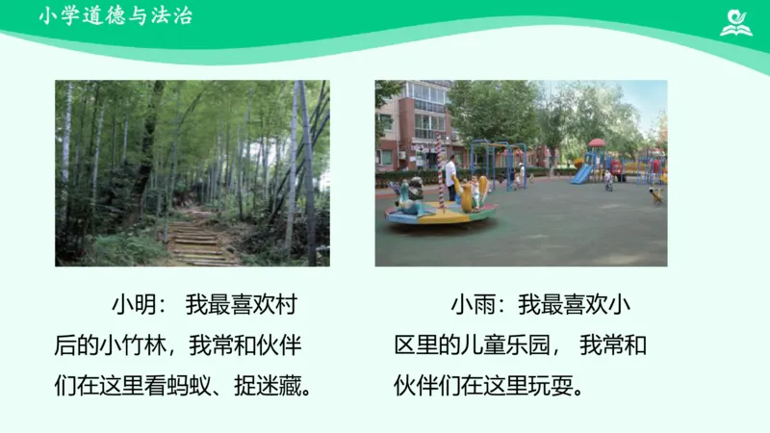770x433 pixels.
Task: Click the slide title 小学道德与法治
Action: pyautogui.click(x=115, y=16)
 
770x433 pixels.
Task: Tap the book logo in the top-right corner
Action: pyautogui.click(x=736, y=22)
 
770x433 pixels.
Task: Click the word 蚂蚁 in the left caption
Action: pyautogui.click(x=191, y=387)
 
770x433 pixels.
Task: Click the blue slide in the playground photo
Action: pyautogui.click(x=582, y=173)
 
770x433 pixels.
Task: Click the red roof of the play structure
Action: pyautogui.click(x=597, y=143)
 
